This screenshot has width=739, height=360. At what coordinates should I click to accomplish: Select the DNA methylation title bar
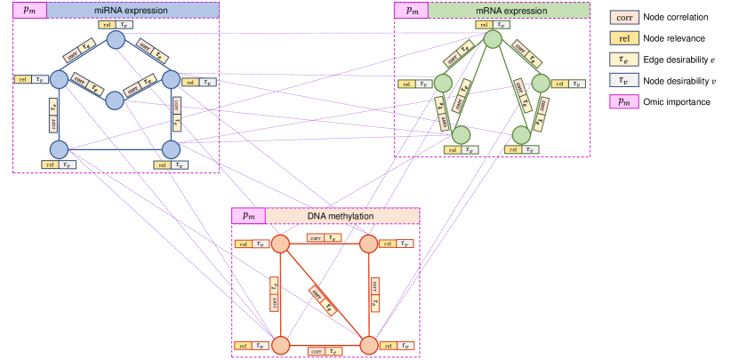(341, 216)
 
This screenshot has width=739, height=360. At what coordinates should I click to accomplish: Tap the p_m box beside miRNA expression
(28, 10)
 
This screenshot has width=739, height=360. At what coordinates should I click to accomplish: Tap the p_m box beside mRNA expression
(412, 10)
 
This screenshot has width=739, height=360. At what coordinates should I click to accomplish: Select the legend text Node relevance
(674, 37)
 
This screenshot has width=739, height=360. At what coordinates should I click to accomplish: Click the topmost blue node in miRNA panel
(115, 40)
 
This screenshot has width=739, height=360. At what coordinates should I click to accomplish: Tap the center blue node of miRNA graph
(115, 100)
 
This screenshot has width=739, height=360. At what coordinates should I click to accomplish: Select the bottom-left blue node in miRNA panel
(59, 148)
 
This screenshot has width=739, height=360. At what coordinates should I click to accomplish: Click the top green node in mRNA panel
(493, 41)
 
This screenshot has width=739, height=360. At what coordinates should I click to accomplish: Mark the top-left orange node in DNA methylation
(281, 244)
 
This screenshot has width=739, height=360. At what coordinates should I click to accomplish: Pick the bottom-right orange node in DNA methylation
(368, 344)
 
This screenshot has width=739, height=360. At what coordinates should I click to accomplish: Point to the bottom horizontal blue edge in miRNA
(115, 148)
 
